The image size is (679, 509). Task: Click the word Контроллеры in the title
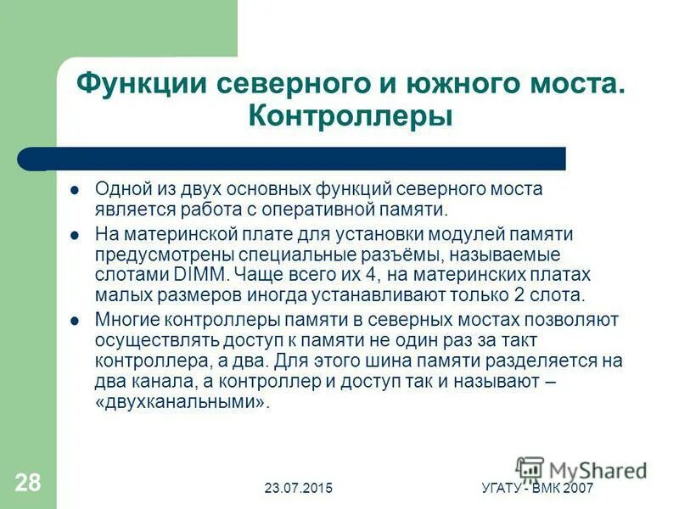point(351,116)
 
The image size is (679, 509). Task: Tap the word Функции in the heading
point(138,84)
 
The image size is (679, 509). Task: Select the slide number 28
point(27,484)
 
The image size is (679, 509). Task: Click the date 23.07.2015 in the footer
point(298,488)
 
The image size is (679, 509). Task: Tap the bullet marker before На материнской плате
point(75,234)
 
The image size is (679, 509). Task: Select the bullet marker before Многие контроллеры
point(75,321)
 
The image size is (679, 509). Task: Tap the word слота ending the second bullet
point(561,295)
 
